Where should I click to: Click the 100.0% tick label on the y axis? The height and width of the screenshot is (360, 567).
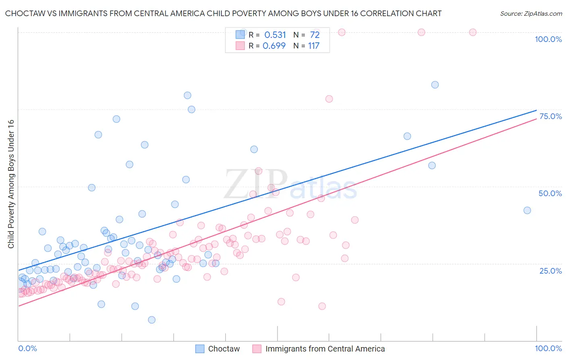pyautogui.click(x=548, y=39)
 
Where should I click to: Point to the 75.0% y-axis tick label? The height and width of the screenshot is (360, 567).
pyautogui.click(x=550, y=116)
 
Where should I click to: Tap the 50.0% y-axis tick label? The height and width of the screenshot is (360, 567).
pyautogui.click(x=550, y=193)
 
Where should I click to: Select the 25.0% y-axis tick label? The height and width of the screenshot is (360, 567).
pyautogui.click(x=550, y=270)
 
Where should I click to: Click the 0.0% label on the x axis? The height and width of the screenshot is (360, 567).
pyautogui.click(x=27, y=348)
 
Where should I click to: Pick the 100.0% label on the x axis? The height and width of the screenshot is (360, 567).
pyautogui.click(x=548, y=348)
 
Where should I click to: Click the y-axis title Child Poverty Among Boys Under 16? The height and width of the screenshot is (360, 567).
pyautogui.click(x=11, y=184)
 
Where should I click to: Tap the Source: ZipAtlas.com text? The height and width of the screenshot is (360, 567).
pyautogui.click(x=531, y=14)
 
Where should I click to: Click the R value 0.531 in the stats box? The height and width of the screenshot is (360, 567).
pyautogui.click(x=275, y=35)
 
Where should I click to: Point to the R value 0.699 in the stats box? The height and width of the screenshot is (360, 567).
pyautogui.click(x=274, y=46)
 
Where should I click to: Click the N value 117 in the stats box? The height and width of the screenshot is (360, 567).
pyautogui.click(x=314, y=46)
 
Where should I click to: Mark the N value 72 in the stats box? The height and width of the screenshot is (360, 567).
pyautogui.click(x=315, y=35)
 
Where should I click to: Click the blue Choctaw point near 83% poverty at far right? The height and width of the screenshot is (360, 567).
pyautogui.click(x=435, y=85)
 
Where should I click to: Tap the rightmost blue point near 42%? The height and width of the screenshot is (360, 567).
pyautogui.click(x=527, y=210)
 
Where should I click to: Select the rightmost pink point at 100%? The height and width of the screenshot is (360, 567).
pyautogui.click(x=473, y=32)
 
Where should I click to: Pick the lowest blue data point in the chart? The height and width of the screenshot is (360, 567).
pyautogui.click(x=152, y=320)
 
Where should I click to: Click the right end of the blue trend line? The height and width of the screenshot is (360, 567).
pyautogui.click(x=536, y=110)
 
